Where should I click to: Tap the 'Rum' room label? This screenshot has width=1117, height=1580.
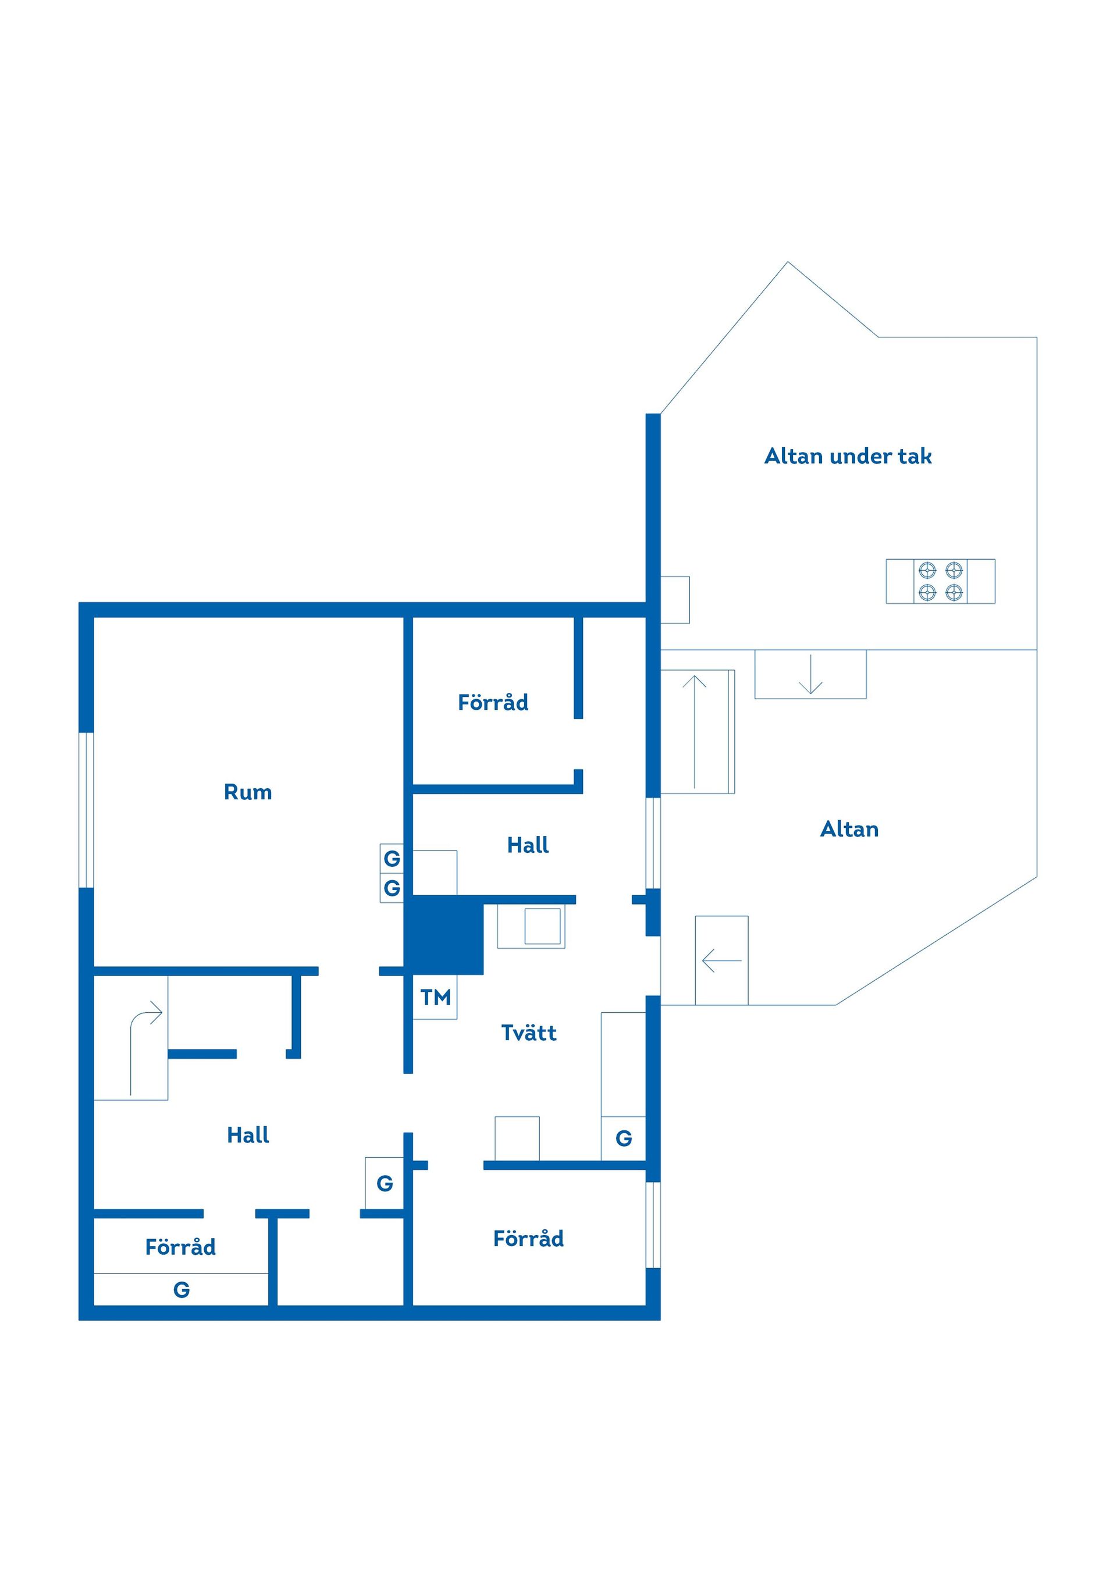[248, 792]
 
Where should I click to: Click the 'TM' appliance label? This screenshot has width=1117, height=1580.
[436, 997]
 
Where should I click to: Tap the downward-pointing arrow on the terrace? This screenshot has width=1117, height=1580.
[811, 674]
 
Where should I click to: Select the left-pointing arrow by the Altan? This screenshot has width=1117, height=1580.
[721, 960]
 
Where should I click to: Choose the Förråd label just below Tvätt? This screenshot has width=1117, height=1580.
[529, 1239]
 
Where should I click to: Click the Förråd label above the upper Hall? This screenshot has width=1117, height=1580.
[493, 702]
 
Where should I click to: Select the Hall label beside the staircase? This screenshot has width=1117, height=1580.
[248, 1135]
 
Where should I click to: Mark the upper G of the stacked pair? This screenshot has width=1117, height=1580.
[392, 858]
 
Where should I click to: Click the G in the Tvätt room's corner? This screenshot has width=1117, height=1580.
[624, 1138]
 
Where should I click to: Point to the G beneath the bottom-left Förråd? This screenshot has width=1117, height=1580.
[181, 1290]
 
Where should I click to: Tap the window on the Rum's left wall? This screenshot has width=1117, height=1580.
[86, 810]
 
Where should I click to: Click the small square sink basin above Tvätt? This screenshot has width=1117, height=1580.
[542, 926]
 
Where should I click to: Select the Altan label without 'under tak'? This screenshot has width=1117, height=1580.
[849, 828]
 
